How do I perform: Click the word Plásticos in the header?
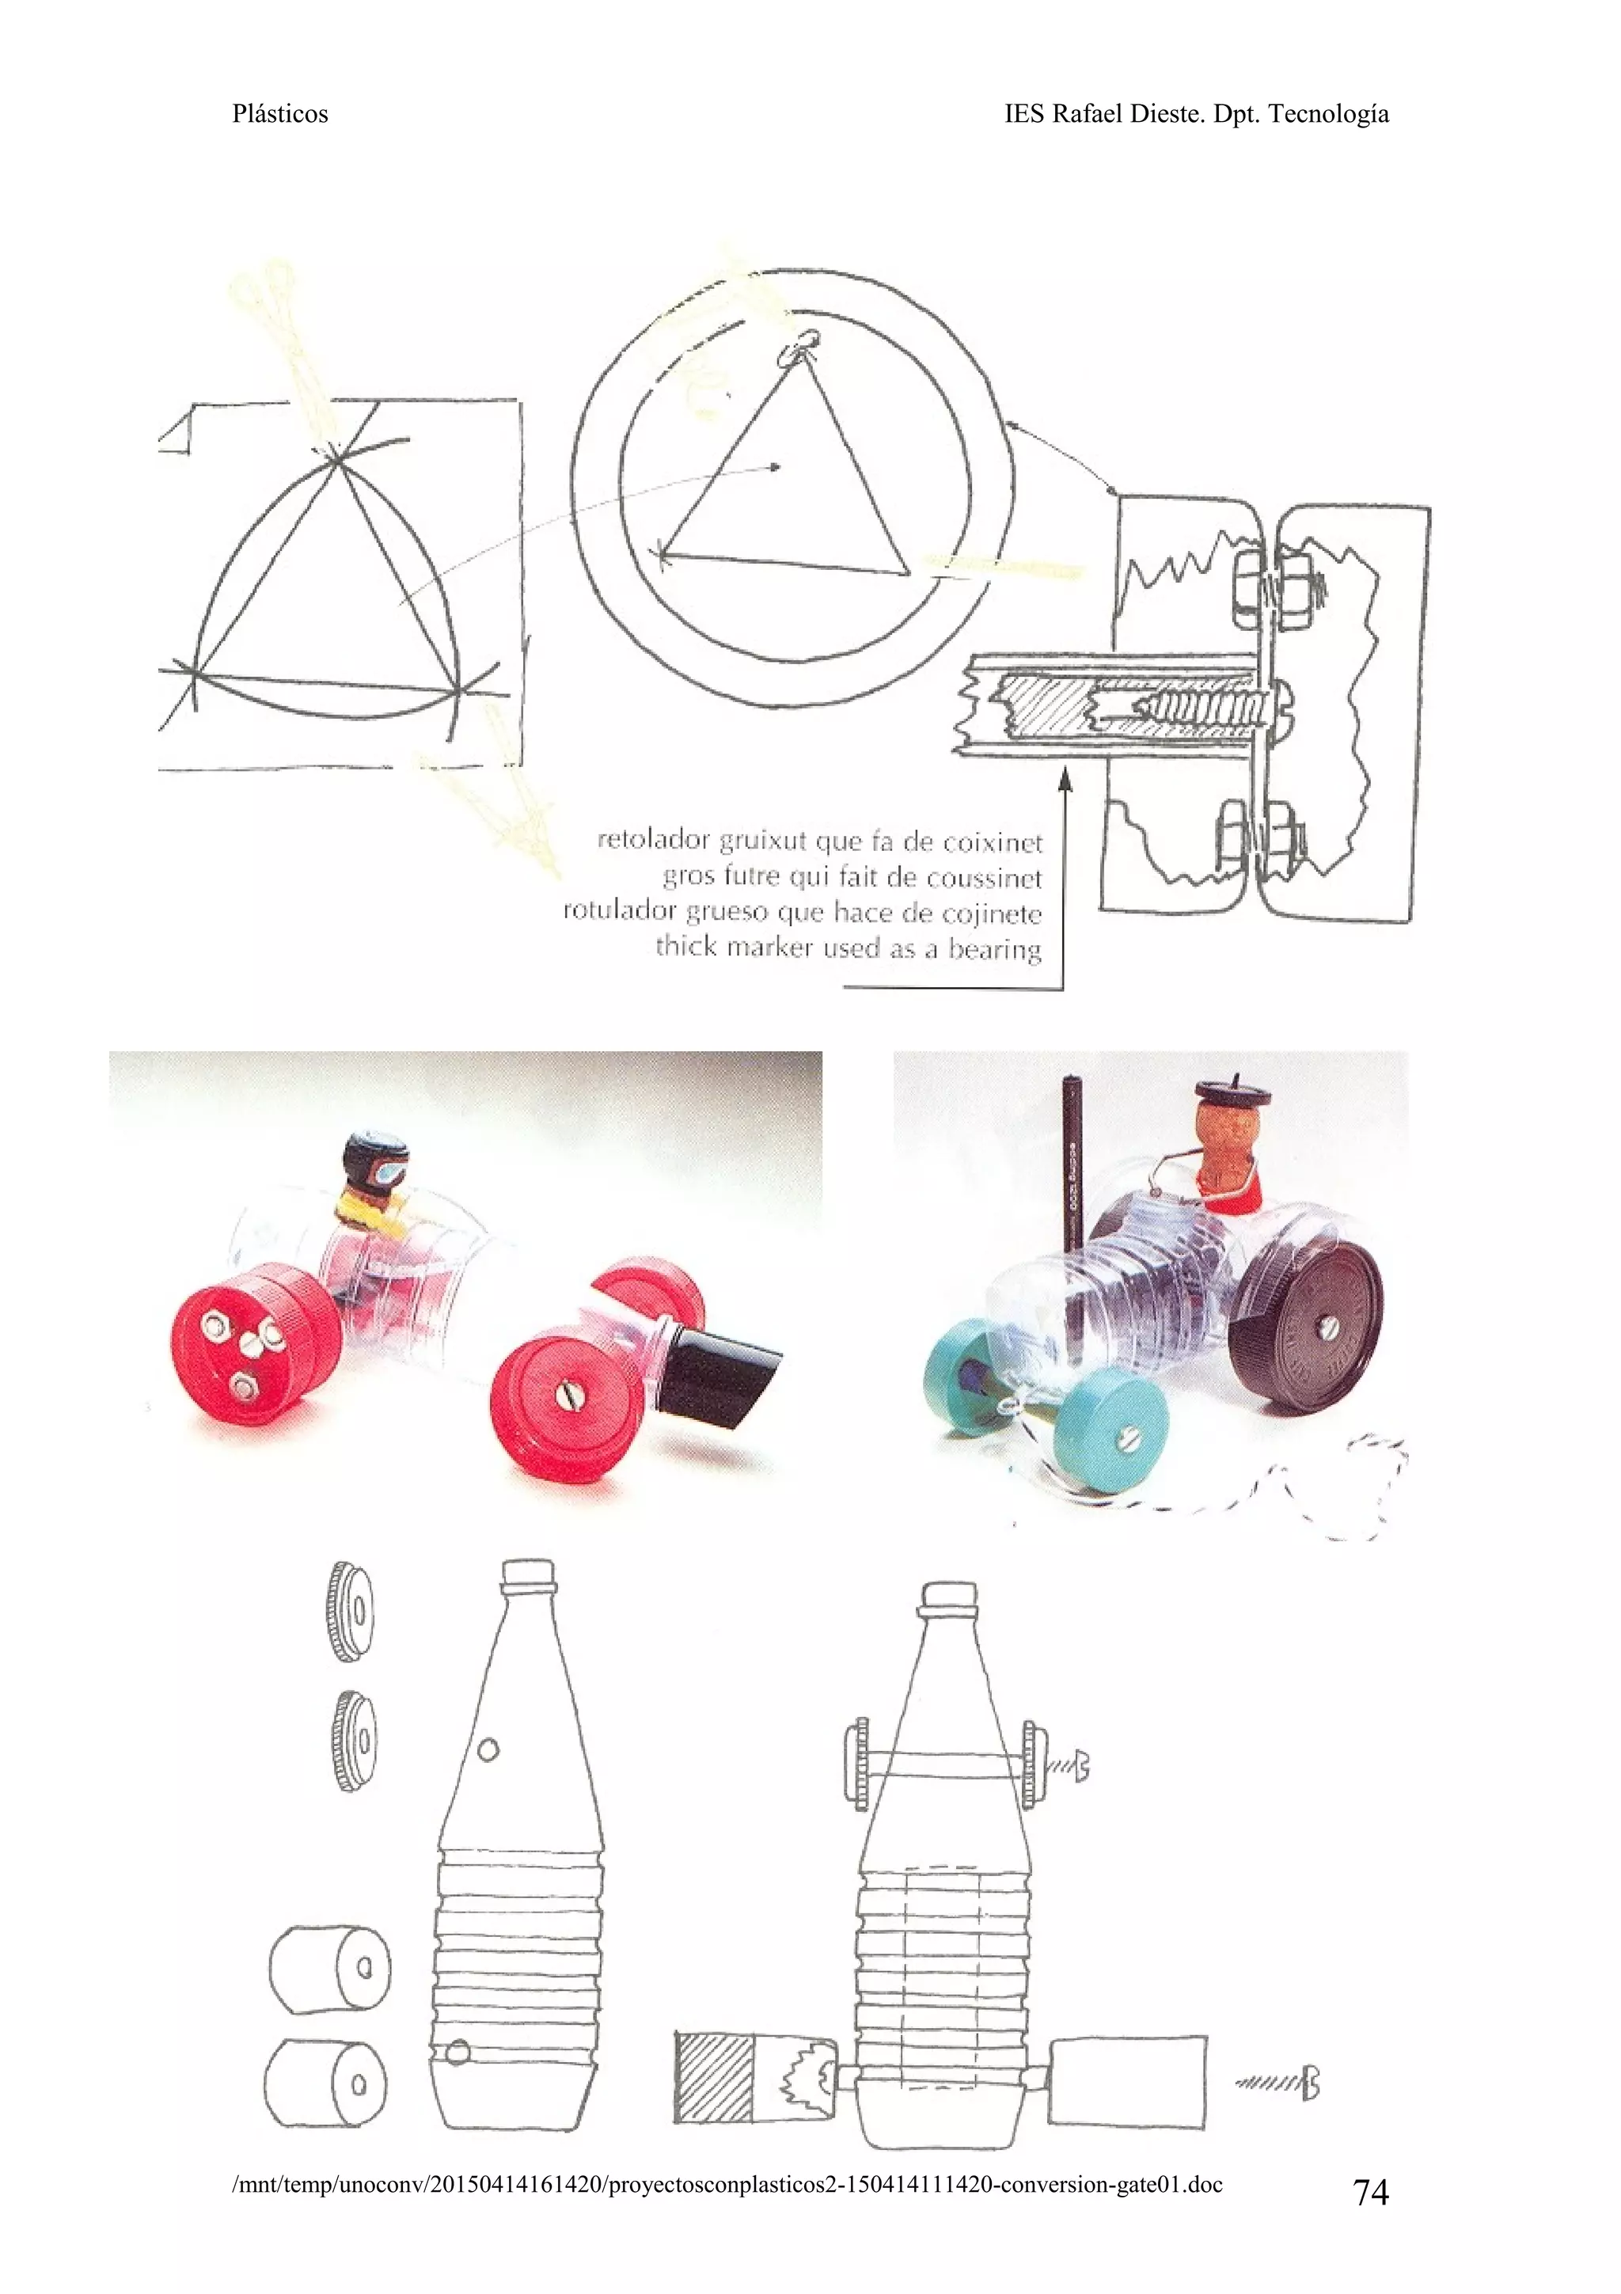tap(279, 114)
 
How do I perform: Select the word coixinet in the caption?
tap(994, 842)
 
